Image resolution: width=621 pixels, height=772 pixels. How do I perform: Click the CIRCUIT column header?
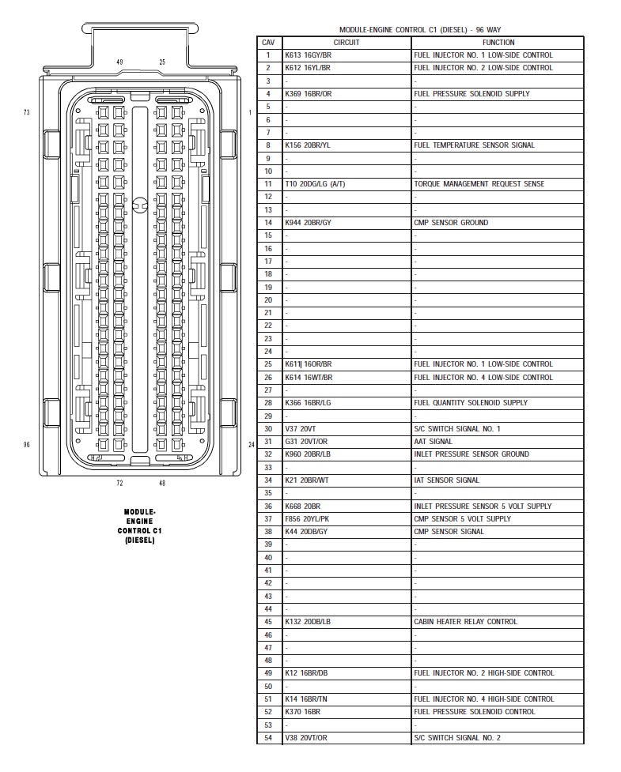pyautogui.click(x=346, y=42)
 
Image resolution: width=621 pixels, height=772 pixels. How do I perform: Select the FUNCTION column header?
pyautogui.click(x=498, y=42)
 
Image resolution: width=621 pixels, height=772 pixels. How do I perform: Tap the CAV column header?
pyautogui.click(x=268, y=42)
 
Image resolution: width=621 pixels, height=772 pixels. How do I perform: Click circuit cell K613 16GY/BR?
pyautogui.click(x=309, y=55)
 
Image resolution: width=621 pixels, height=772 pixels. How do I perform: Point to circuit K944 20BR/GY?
pyautogui.click(x=309, y=223)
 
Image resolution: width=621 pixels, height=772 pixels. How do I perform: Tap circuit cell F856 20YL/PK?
pyautogui.click(x=308, y=519)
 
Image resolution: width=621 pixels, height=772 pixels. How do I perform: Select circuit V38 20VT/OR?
pyautogui.click(x=306, y=738)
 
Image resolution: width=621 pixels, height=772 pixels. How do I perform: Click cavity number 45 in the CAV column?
pyautogui.click(x=268, y=622)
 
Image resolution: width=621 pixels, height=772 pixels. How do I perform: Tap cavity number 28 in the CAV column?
pyautogui.click(x=268, y=403)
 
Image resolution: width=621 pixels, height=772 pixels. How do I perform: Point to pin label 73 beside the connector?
pyautogui.click(x=26, y=113)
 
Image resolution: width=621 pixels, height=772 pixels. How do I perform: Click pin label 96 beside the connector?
pyautogui.click(x=26, y=445)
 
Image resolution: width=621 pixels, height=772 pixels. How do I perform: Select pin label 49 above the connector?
pyautogui.click(x=119, y=62)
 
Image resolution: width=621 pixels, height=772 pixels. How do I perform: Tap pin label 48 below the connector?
pyautogui.click(x=162, y=483)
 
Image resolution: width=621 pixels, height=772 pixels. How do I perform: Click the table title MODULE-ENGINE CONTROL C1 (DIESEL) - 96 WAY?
pyautogui.click(x=419, y=29)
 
